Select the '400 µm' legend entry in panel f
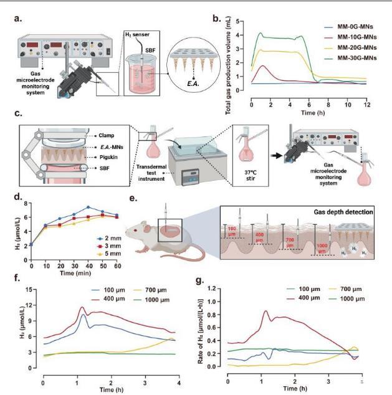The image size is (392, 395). tap(98, 300)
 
